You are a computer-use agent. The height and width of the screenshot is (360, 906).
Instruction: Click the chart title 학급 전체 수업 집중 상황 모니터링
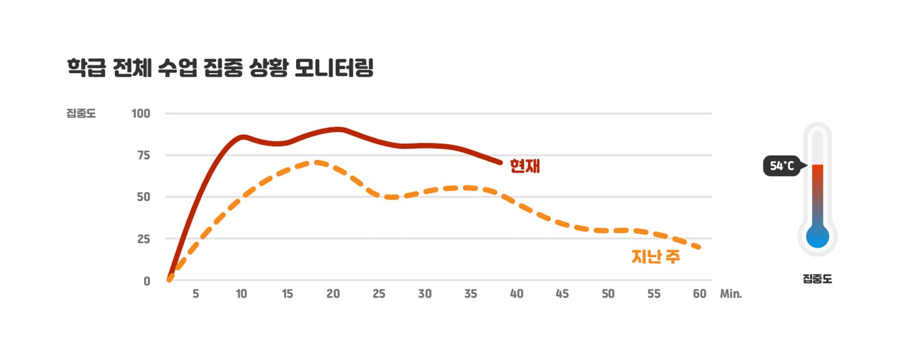(x=220, y=67)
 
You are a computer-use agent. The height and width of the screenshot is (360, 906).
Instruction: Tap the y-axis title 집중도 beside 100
(x=81, y=113)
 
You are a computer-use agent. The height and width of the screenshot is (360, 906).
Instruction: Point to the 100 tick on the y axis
(x=141, y=113)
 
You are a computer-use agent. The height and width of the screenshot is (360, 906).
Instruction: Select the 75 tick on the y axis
(x=144, y=155)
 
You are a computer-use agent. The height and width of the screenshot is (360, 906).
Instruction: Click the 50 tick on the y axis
(x=144, y=197)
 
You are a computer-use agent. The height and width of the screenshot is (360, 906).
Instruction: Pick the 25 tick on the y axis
(x=144, y=239)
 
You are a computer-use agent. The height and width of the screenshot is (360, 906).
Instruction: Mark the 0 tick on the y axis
(x=147, y=281)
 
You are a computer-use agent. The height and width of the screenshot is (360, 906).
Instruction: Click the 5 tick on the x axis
(x=196, y=294)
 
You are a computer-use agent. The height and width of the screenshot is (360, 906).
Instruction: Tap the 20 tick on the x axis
(x=333, y=294)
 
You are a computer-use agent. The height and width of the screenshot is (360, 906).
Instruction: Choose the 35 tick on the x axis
(x=470, y=294)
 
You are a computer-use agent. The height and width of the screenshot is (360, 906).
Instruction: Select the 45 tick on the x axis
(x=562, y=294)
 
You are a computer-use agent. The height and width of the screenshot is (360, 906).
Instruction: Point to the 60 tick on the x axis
(x=700, y=294)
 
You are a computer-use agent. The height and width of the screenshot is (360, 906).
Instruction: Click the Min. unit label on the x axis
(x=731, y=294)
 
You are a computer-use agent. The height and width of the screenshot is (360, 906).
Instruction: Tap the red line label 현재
(x=525, y=166)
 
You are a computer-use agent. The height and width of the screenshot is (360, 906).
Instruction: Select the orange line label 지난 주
(x=655, y=256)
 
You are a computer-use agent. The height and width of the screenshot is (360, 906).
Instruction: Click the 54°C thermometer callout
(x=782, y=166)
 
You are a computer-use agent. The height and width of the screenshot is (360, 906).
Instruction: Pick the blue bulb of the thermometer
(x=817, y=237)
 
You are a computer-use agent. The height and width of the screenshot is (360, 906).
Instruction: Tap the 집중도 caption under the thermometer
(x=817, y=279)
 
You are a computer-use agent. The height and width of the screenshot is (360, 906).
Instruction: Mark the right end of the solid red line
(x=500, y=163)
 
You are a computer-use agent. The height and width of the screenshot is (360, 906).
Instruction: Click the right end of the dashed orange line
(x=699, y=247)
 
